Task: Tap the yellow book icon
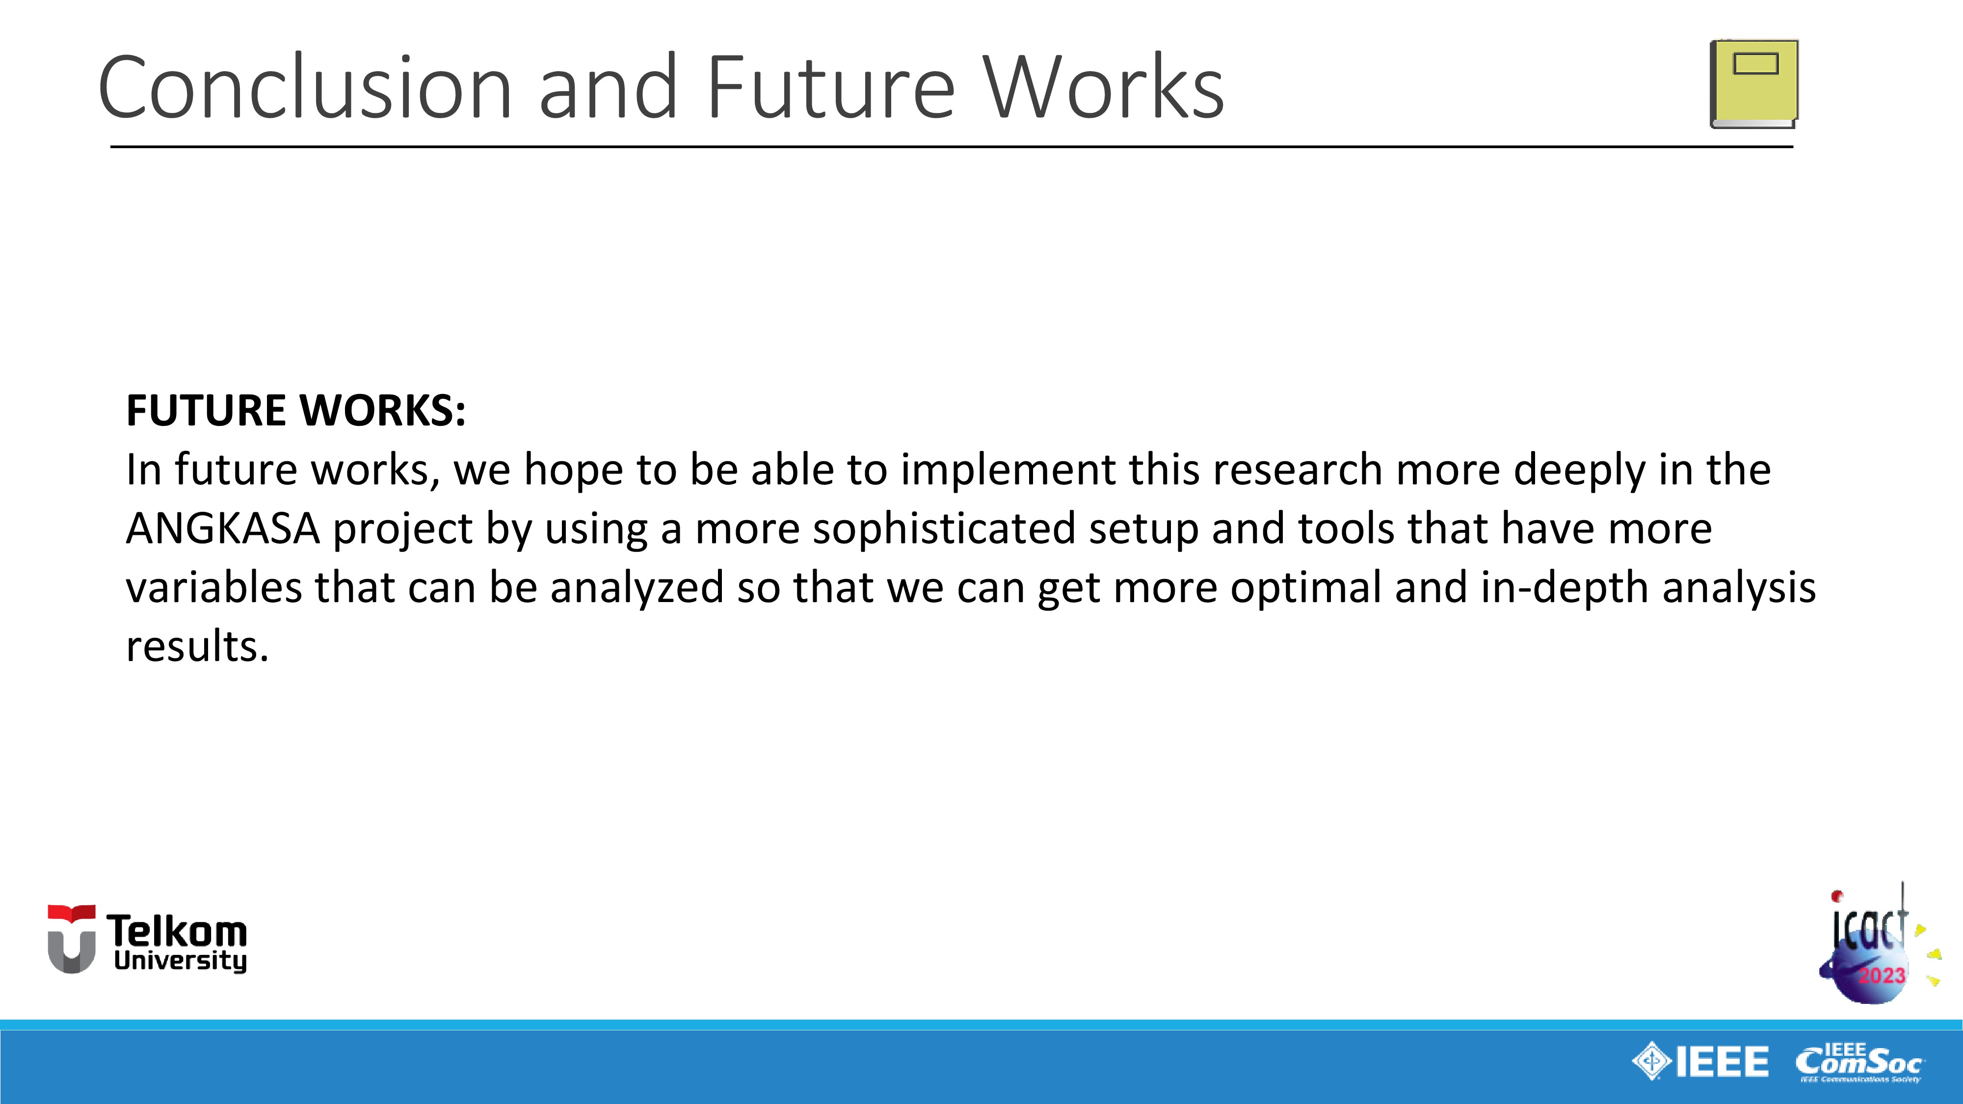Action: click(1754, 84)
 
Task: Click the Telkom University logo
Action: click(147, 940)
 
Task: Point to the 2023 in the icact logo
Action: click(1882, 975)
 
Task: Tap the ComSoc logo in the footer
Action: click(1859, 1062)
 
